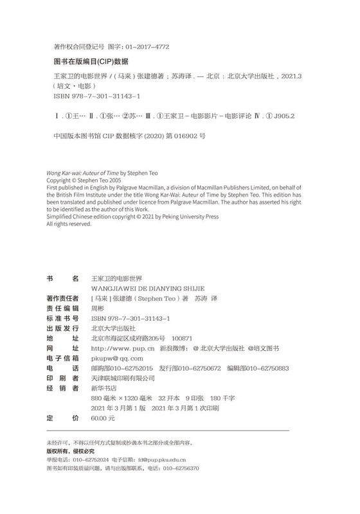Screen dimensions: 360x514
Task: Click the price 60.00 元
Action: [103, 418]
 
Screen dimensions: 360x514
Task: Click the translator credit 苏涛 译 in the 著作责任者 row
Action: [206, 298]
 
